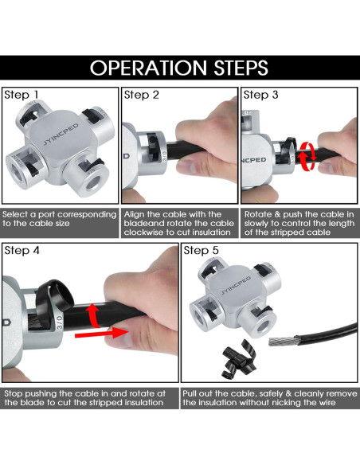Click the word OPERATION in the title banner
149,68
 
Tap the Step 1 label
22,95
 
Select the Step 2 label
142,95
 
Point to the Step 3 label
261,95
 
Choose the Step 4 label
22,251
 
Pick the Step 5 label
201,251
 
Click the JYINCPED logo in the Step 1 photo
61,134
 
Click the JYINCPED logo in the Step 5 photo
237,286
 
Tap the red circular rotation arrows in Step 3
307,156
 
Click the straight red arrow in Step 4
101,334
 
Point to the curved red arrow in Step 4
92,315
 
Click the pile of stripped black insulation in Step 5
239,360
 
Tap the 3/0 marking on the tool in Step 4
60,322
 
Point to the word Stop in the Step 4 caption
14,394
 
